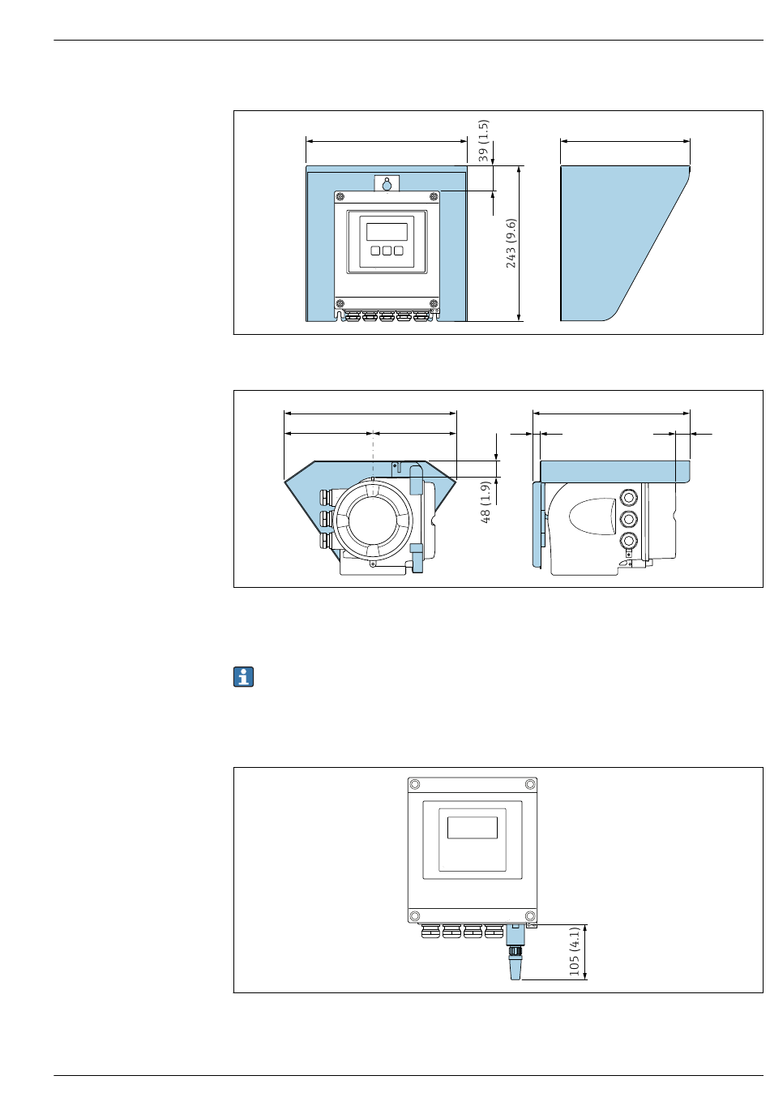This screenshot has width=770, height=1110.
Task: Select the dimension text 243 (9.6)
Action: tap(511, 243)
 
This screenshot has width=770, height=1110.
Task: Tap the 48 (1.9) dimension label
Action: tap(486, 502)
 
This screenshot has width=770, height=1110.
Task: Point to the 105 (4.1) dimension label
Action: tap(574, 951)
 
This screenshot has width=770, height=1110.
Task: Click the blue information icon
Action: tap(244, 677)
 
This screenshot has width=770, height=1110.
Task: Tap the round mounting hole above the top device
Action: tap(387, 185)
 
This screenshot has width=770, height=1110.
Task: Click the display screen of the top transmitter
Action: tap(387, 231)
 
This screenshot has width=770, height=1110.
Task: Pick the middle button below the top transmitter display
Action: tap(387, 251)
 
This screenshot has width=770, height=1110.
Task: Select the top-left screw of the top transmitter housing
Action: tap(340, 197)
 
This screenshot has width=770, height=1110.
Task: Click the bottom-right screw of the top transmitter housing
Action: tap(434, 303)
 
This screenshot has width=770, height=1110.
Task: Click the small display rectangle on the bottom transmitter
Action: tap(473, 828)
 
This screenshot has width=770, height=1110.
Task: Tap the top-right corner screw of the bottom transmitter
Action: tap(530, 785)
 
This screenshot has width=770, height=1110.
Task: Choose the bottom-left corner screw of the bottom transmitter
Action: tap(415, 916)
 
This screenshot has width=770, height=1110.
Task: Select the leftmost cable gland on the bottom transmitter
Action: tap(430, 932)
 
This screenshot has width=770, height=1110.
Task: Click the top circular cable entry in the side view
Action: tap(627, 497)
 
